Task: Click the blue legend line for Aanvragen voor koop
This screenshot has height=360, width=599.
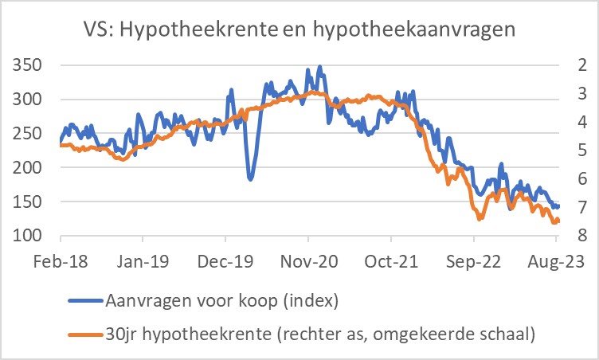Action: pyautogui.click(x=85, y=301)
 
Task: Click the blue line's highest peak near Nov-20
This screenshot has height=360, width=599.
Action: pyautogui.click(x=320, y=68)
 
